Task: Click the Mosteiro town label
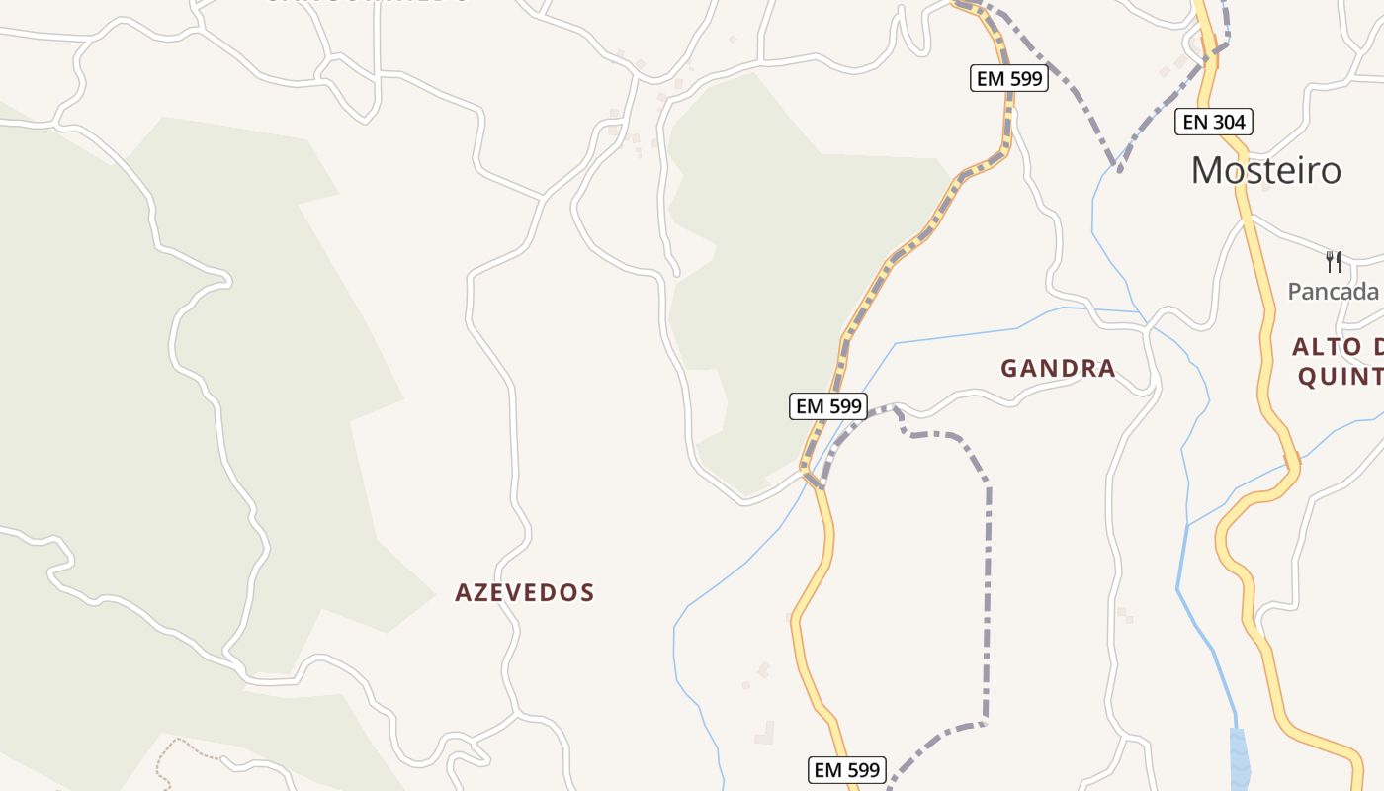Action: pyautogui.click(x=1265, y=170)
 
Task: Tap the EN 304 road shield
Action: pyautogui.click(x=1214, y=122)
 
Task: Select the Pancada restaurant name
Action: pyautogui.click(x=1333, y=291)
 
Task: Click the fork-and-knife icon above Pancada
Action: pyautogui.click(x=1334, y=261)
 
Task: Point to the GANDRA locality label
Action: pyautogui.click(x=1058, y=369)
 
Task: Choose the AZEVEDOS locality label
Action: pyautogui.click(x=524, y=593)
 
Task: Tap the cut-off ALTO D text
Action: pyautogui.click(x=1337, y=347)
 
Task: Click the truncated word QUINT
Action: pyautogui.click(x=1340, y=377)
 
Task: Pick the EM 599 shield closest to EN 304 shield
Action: pyautogui.click(x=1008, y=78)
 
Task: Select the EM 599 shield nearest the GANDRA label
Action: pyautogui.click(x=828, y=405)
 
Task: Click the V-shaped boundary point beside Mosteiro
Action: pyautogui.click(x=1118, y=168)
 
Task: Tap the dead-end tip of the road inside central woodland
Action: pyautogui.click(x=675, y=272)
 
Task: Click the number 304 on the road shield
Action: pyautogui.click(x=1229, y=122)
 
